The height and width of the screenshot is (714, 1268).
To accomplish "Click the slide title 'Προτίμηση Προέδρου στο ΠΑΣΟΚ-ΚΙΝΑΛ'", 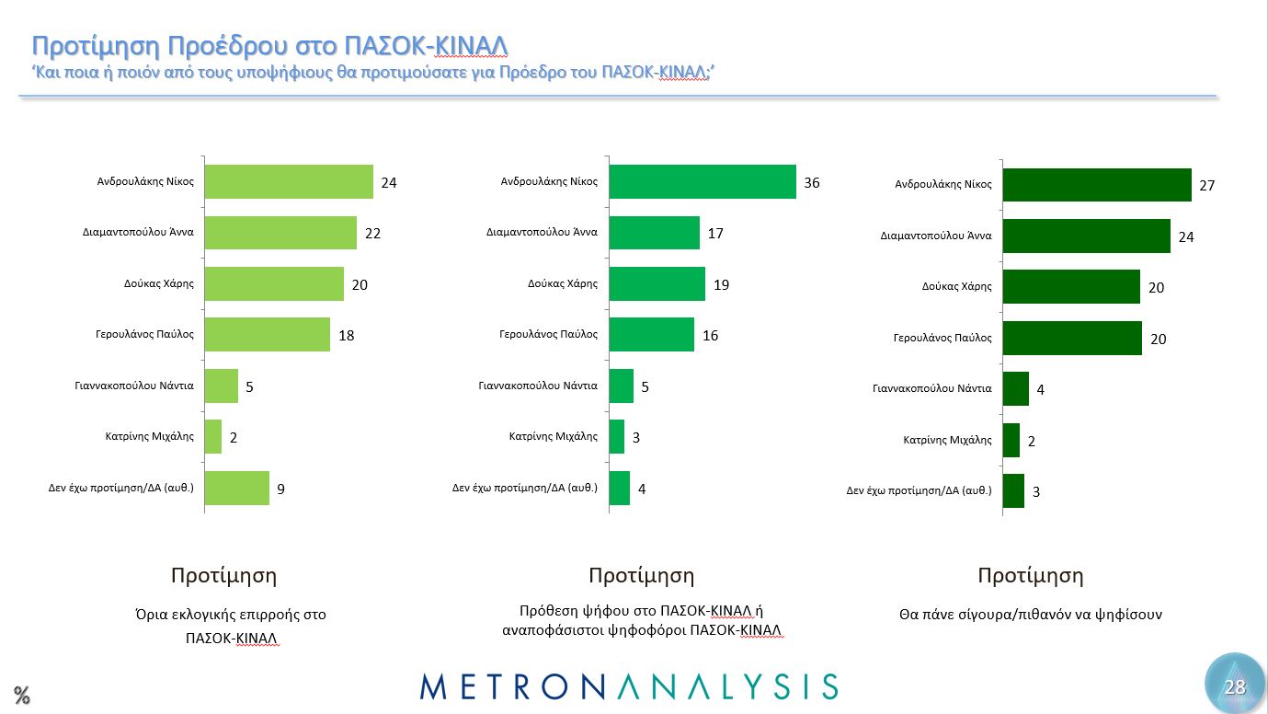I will (269, 46).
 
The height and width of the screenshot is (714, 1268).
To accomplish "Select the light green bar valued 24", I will (289, 182).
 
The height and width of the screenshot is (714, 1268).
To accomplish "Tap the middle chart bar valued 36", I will (703, 182).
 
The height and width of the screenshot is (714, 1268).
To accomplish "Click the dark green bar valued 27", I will (1096, 185).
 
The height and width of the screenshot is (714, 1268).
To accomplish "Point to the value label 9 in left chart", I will (280, 489).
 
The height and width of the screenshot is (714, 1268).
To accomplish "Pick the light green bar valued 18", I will (267, 335).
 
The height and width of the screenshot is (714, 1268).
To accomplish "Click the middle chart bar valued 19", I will (657, 284).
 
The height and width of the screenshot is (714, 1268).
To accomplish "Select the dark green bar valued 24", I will (1086, 236).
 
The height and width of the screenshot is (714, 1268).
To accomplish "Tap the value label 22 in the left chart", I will (372, 234).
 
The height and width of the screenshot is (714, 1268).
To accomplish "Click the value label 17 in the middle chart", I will (715, 234).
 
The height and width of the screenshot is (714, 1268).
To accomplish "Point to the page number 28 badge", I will (1234, 686).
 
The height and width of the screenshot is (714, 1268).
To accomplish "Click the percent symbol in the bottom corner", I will (21, 696).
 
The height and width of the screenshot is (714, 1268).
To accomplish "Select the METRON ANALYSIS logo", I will (629, 686).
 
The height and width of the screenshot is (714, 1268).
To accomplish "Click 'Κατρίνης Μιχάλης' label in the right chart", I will (947, 440).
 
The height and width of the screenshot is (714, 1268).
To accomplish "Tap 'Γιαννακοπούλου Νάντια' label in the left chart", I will (134, 386).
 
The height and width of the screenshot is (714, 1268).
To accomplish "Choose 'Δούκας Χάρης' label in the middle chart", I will (563, 283).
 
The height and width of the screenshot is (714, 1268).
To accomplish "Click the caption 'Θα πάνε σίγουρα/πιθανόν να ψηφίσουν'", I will (1030, 615).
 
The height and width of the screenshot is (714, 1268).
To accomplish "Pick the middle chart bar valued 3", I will (616, 437).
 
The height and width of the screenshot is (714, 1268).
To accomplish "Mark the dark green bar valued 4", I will (1015, 389).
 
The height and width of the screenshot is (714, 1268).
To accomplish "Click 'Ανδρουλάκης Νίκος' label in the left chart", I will (145, 181).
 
